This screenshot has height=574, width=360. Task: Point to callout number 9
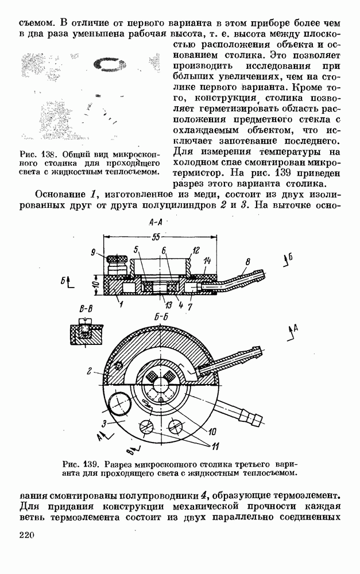(93, 251)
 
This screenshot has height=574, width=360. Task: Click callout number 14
(207, 259)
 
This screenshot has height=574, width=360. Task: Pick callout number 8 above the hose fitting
(247, 262)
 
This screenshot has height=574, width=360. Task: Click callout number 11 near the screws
(214, 446)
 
